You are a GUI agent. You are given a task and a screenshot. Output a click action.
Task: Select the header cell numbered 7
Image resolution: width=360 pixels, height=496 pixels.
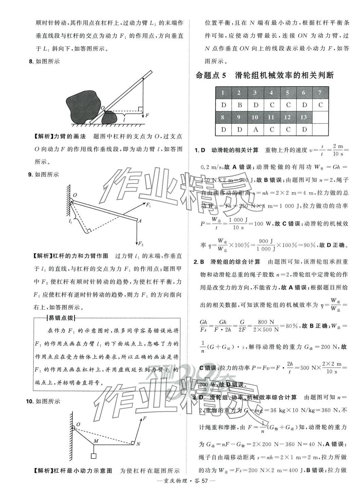pyautogui.click(x=320, y=93)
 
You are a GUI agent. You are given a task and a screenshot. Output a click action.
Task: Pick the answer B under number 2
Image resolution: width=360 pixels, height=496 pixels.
pyautogui.click(x=239, y=105)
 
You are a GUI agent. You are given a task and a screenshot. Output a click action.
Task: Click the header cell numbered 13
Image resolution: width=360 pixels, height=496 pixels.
pyautogui.click(x=304, y=117)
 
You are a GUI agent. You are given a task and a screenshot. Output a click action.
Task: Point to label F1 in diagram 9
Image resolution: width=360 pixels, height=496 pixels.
pyautogui.click(x=148, y=205)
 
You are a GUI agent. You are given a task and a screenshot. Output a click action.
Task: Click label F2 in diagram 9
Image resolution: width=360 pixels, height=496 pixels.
pyautogui.click(x=141, y=244)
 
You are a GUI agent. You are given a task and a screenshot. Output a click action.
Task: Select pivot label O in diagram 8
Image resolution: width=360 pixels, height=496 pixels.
pyautogui.click(x=102, y=108)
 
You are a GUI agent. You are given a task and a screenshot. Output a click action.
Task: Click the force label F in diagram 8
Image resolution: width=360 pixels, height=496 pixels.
pyautogui.click(x=147, y=116)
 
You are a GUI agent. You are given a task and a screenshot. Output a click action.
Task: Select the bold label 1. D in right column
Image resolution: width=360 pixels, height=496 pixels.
pyautogui.click(x=200, y=150)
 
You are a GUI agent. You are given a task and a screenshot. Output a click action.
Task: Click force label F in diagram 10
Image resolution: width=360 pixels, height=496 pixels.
pyautogui.click(x=145, y=418)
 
